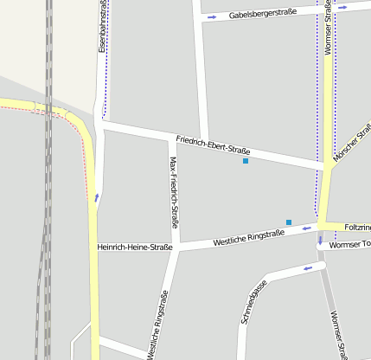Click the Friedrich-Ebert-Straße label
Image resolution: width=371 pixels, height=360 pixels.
(213, 145)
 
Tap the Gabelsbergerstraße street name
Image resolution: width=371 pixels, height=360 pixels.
(263, 14)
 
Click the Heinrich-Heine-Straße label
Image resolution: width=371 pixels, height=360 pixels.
(135, 247)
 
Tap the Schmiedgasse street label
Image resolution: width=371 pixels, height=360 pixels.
(253, 302)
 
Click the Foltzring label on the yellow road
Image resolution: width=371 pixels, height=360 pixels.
(357, 227)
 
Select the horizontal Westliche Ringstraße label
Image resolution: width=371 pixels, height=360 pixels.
(248, 235)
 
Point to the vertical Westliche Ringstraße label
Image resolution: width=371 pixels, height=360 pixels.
(158, 325)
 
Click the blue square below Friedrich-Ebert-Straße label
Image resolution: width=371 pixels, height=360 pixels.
(246, 161)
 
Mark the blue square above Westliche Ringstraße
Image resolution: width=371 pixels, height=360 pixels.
(289, 222)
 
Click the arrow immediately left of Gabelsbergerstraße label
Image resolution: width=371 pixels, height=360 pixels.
(211, 16)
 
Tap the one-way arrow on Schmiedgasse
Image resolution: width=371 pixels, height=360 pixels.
(307, 268)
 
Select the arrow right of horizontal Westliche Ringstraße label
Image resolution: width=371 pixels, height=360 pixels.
(308, 229)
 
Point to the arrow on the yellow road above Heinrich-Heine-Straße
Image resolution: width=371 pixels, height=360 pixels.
(96, 198)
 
